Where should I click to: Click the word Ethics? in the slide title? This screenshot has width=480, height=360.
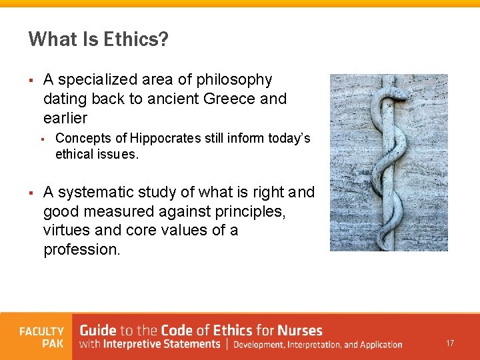(x=136, y=39)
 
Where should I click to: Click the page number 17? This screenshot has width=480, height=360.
(x=450, y=343)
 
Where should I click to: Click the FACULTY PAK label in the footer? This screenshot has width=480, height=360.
(x=41, y=337)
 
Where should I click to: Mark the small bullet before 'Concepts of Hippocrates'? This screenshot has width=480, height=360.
(x=41, y=139)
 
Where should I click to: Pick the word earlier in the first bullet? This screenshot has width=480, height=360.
(x=65, y=118)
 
